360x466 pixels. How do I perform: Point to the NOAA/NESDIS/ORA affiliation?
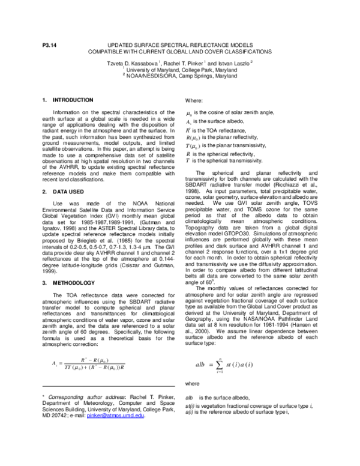(180, 77)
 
